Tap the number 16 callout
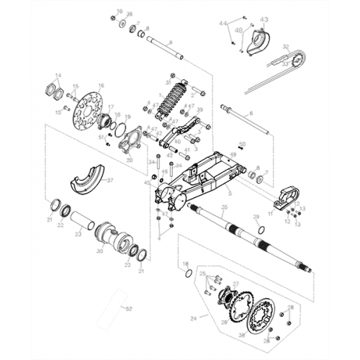[x=101, y=85]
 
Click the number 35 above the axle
[x=224, y=207]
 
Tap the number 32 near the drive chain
[x=286, y=47]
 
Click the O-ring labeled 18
[x=188, y=274]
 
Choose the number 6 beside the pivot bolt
[x=251, y=114]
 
